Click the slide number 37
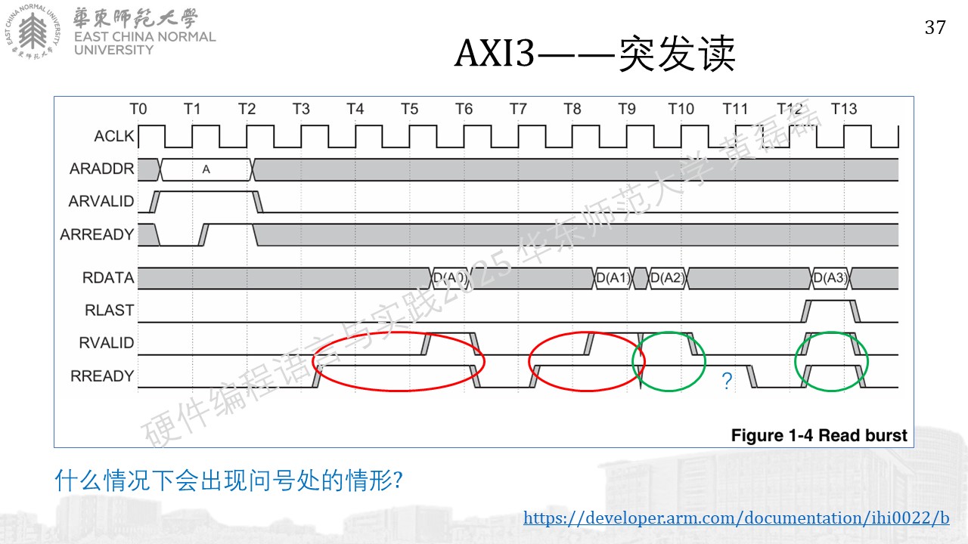coord(935,28)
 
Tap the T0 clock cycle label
coord(138,109)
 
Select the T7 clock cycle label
coord(518,109)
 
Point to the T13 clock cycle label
coord(843,109)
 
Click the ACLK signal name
coord(114,136)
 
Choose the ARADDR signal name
coord(102,168)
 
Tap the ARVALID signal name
coord(101,201)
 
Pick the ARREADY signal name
coord(98,234)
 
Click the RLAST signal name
coord(110,310)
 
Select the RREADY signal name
coord(102,376)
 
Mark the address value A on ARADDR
coord(206,170)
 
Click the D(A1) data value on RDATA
coord(613,277)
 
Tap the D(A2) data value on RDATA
coord(668,277)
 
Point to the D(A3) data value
coord(830,277)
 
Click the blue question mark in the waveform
coord(727,381)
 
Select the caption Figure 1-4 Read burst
coord(819,435)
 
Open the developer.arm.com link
coord(737,518)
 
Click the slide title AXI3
coord(495,53)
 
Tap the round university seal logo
coord(33,32)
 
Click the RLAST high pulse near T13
coord(830,301)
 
